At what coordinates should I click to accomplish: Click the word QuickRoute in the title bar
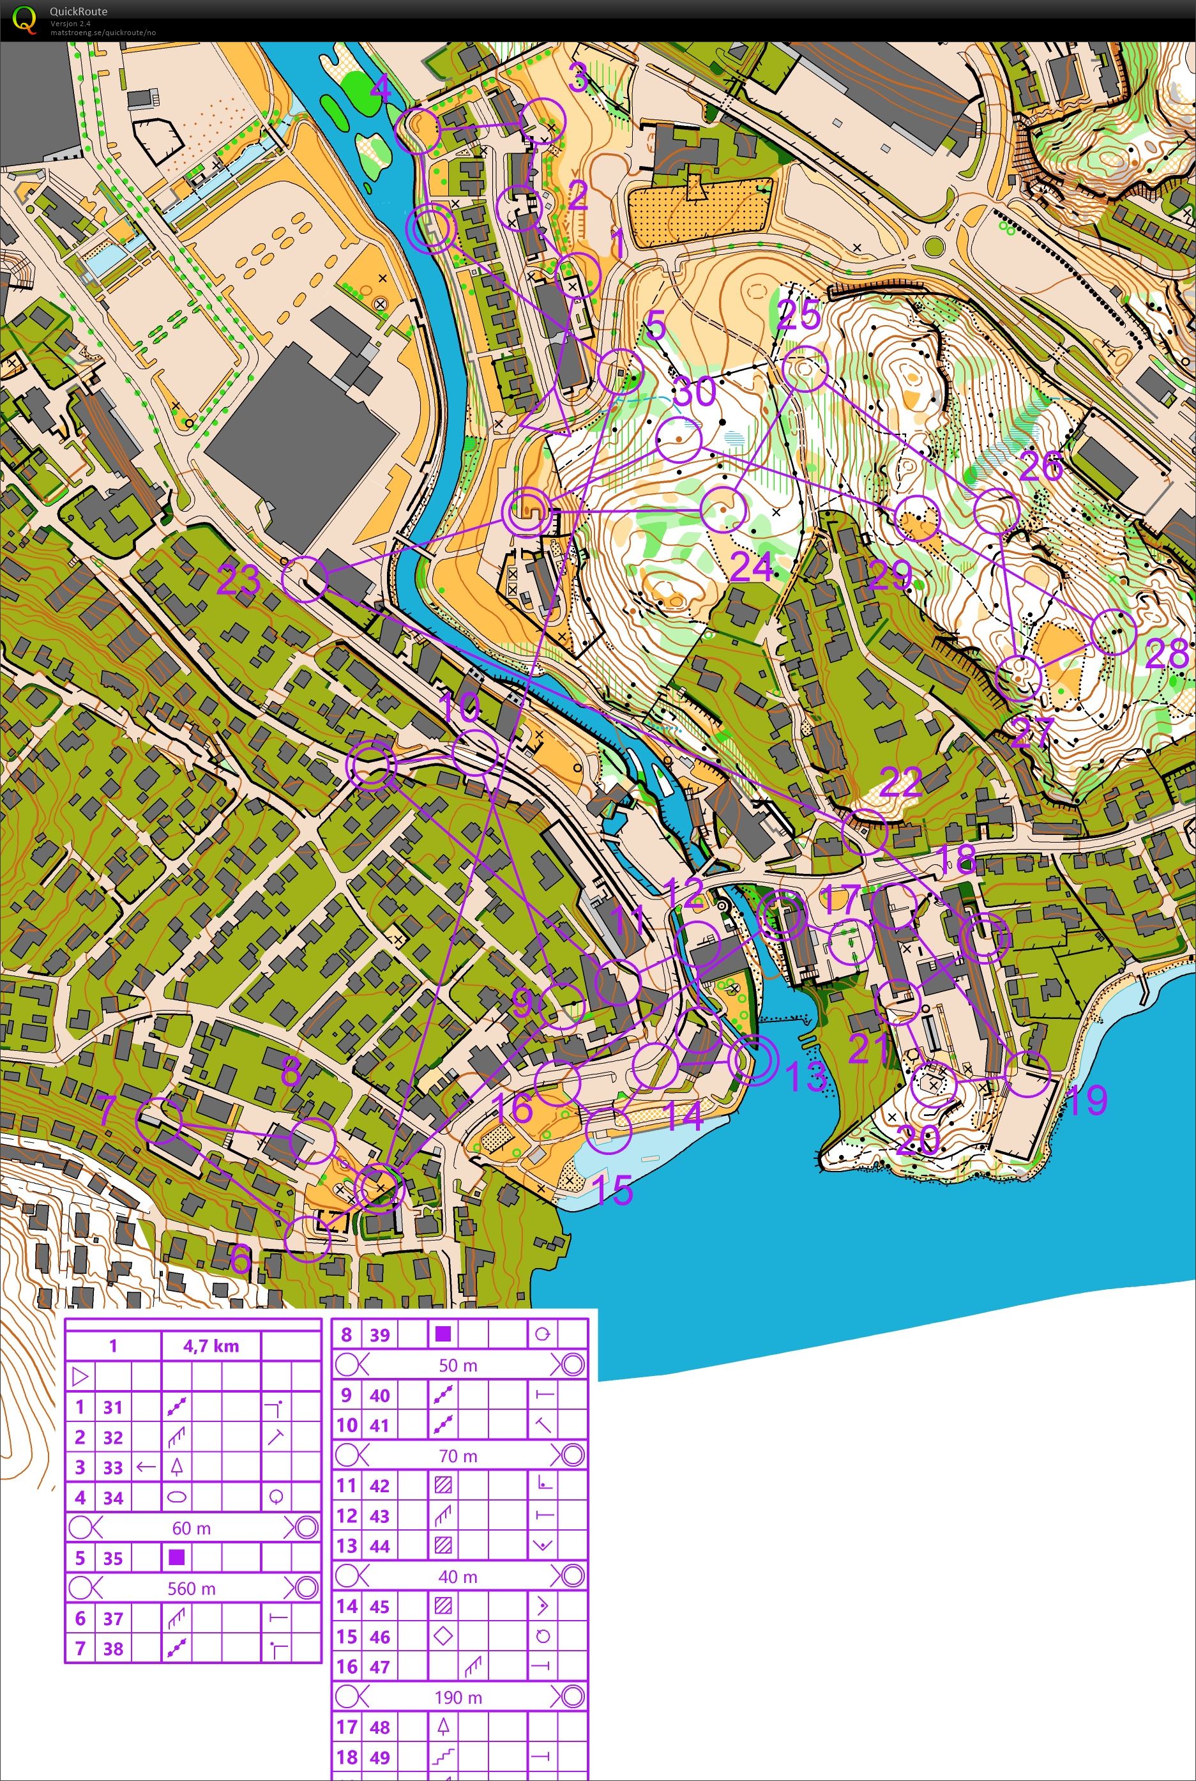pyautogui.click(x=79, y=11)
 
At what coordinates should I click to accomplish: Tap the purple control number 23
pyautogui.click(x=239, y=581)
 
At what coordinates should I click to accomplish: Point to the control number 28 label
pyautogui.click(x=1166, y=654)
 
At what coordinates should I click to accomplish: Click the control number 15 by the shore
pyautogui.click(x=613, y=1189)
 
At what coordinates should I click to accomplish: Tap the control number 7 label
pyautogui.click(x=106, y=1112)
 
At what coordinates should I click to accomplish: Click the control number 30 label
pyautogui.click(x=695, y=392)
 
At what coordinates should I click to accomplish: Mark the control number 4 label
pyautogui.click(x=380, y=89)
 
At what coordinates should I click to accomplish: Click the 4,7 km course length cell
pyautogui.click(x=211, y=1346)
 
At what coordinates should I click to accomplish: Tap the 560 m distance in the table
pyautogui.click(x=192, y=1589)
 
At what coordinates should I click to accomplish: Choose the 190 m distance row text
pyautogui.click(x=458, y=1698)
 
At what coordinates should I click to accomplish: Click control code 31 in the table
pyautogui.click(x=113, y=1407)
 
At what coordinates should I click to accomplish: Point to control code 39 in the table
pyautogui.click(x=380, y=1334)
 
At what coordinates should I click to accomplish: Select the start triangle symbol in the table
pyautogui.click(x=80, y=1377)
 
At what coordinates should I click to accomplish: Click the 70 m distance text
pyautogui.click(x=458, y=1456)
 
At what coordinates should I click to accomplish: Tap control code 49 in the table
pyautogui.click(x=380, y=1757)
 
